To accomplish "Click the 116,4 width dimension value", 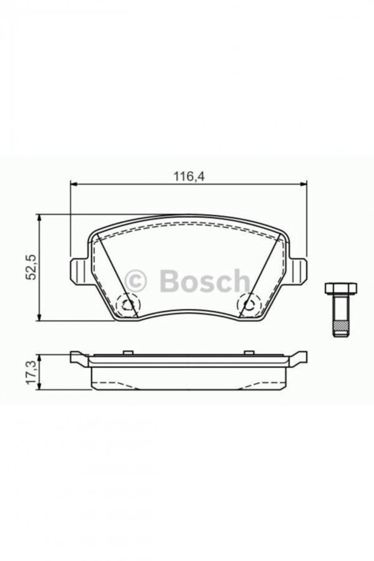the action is click(x=189, y=176).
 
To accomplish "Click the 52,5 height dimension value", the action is click(x=31, y=267).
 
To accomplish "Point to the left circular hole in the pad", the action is click(x=128, y=305).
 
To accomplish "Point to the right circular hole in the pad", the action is click(x=249, y=305).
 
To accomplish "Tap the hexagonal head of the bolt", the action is click(x=341, y=288).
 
